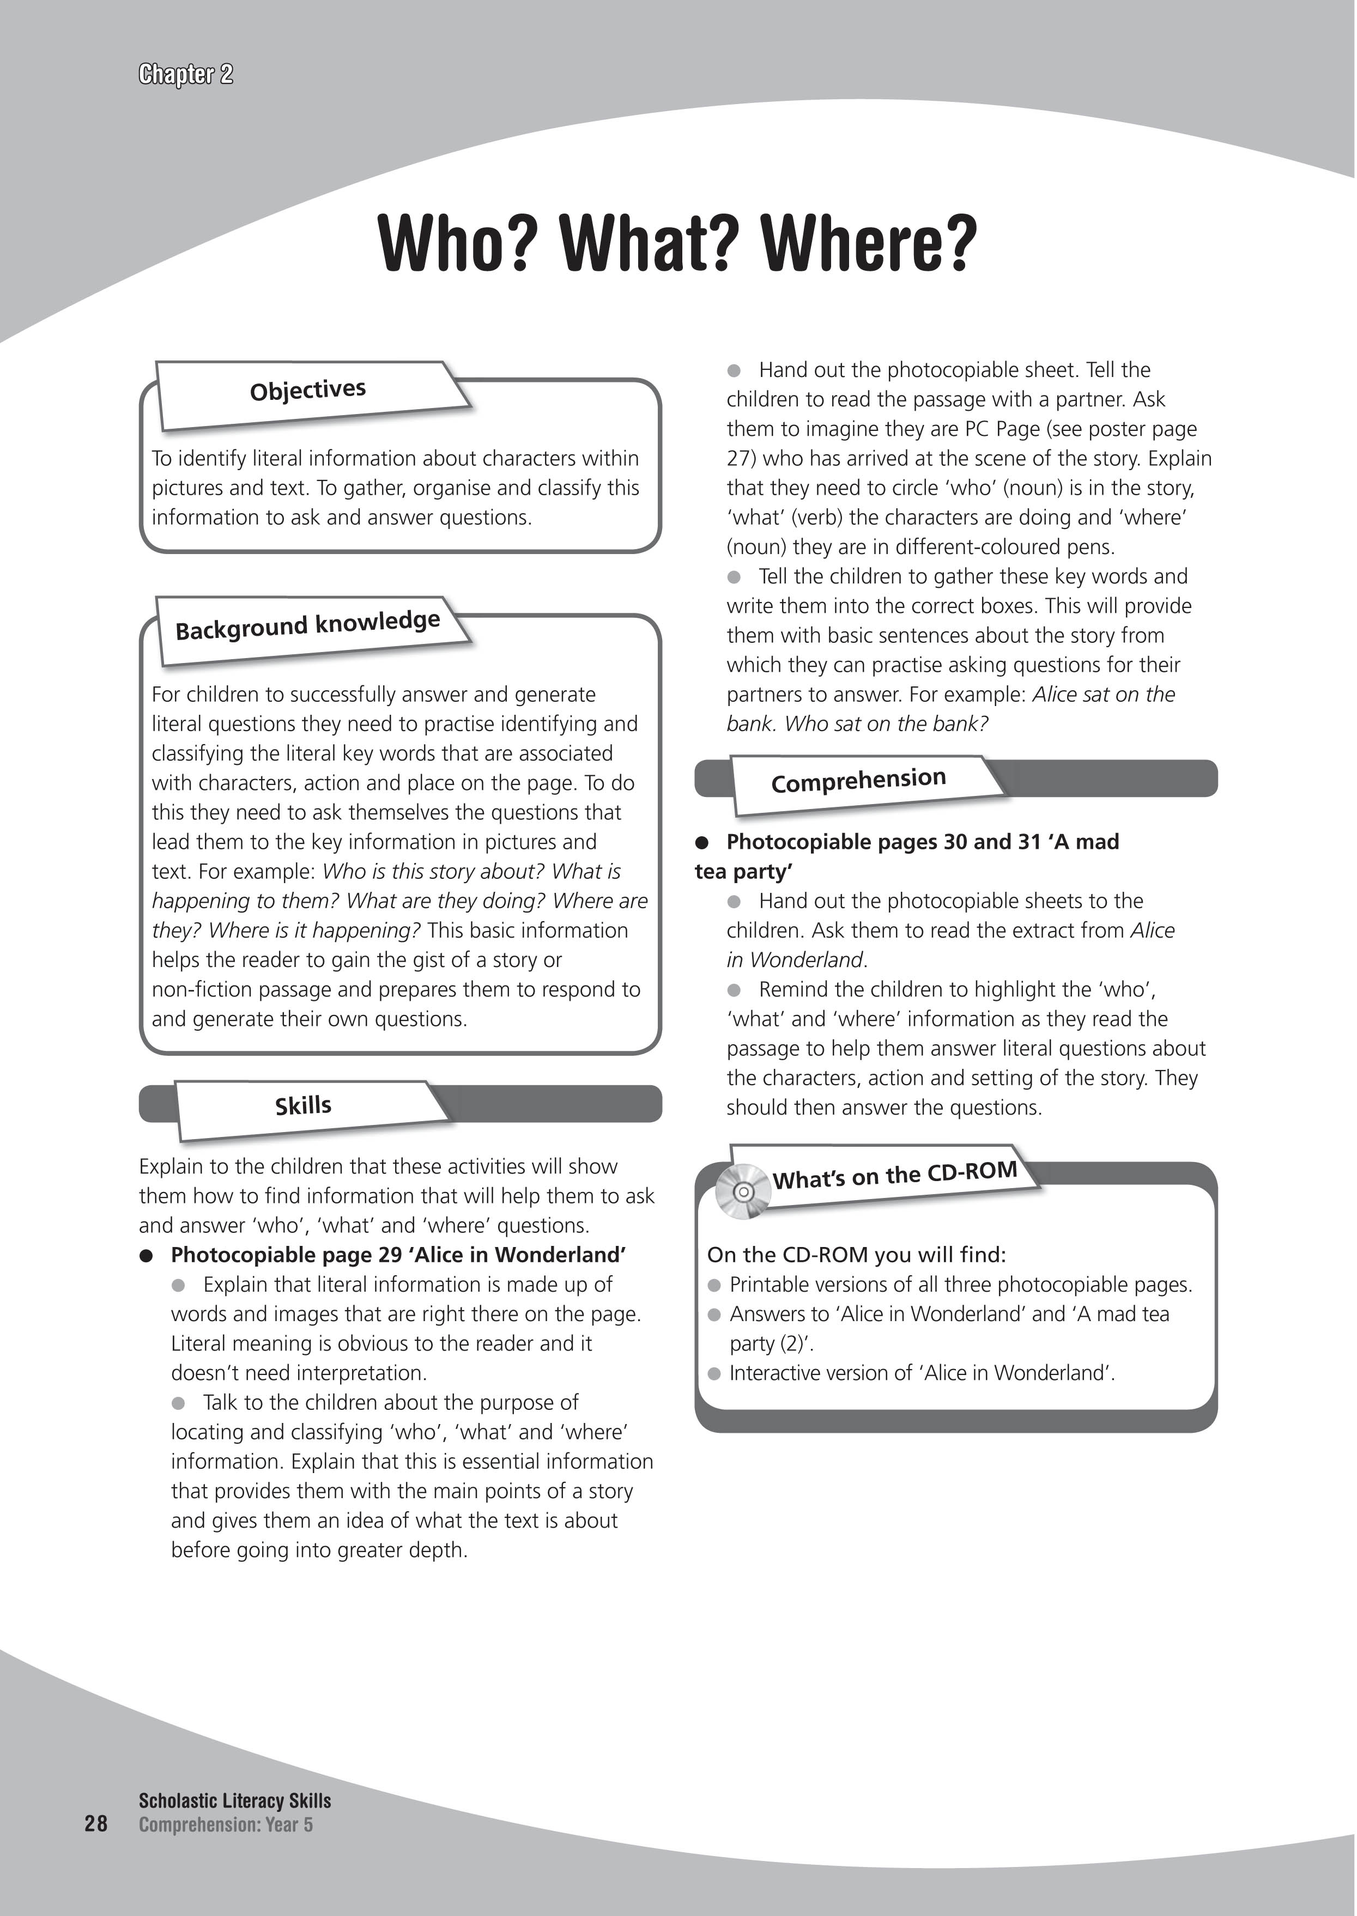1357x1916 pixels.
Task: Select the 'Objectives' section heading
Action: click(307, 390)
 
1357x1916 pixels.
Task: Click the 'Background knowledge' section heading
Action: click(307, 625)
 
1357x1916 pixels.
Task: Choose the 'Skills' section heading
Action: click(304, 1106)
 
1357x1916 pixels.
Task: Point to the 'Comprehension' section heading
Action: click(858, 780)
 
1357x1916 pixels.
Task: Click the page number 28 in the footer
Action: click(96, 1823)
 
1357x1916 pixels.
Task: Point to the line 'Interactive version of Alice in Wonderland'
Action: click(922, 1373)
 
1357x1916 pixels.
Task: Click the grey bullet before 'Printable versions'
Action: click(714, 1285)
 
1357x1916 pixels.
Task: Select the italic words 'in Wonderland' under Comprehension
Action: click(795, 960)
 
